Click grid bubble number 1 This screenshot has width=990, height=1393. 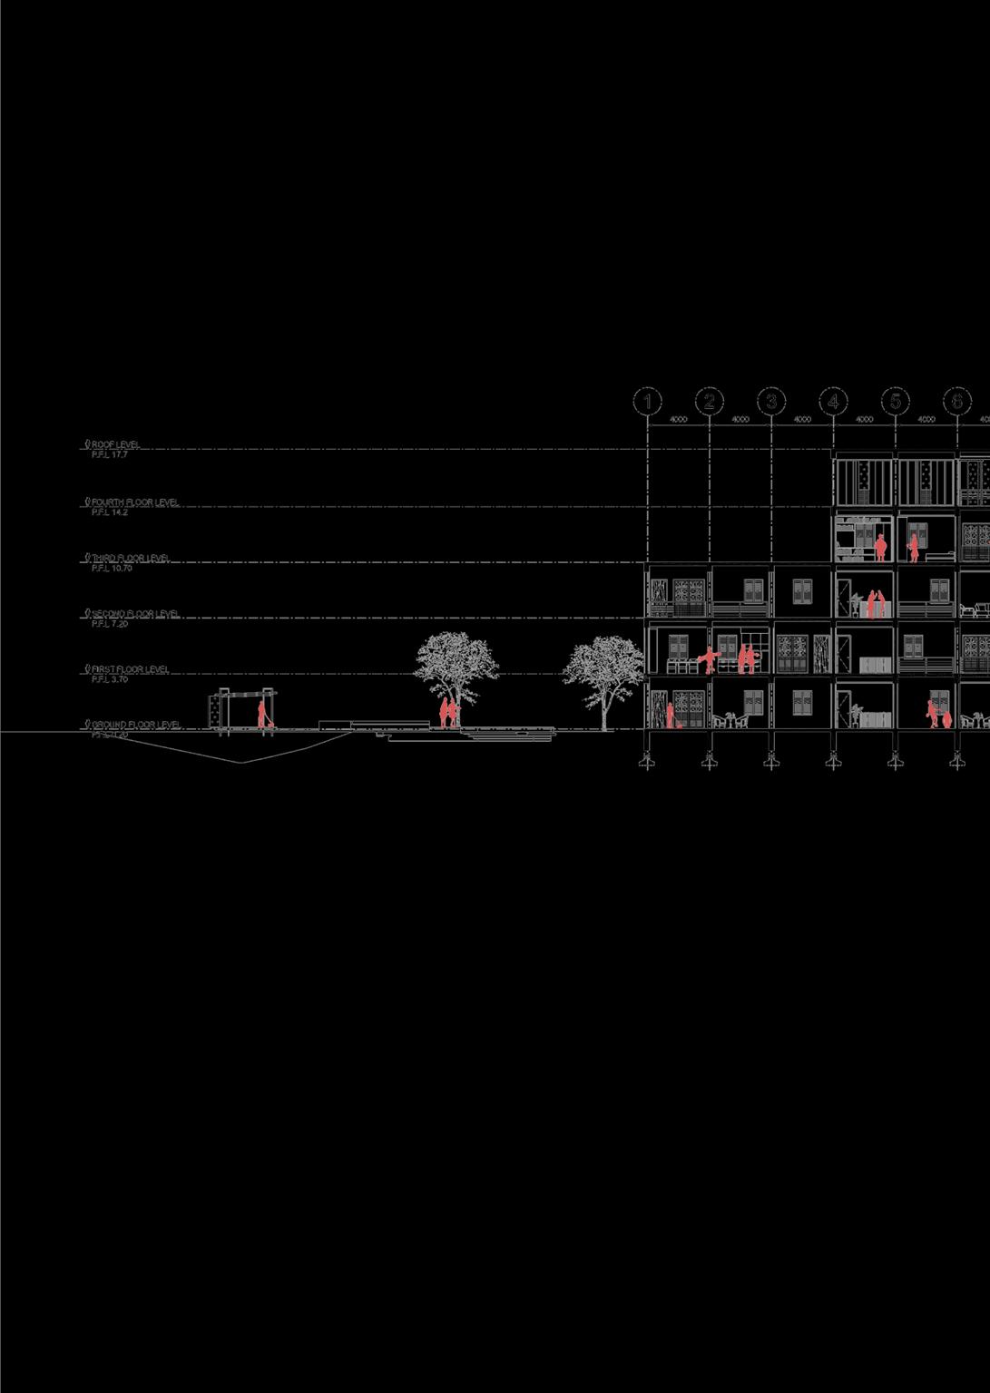tap(647, 401)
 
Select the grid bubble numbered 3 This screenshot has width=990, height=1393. tap(771, 401)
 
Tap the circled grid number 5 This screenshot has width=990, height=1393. tap(895, 401)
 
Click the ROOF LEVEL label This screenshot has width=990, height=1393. tap(115, 444)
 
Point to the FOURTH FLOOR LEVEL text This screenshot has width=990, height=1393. tap(135, 502)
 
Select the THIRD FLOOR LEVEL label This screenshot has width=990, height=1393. tap(131, 559)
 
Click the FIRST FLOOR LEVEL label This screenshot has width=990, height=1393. tap(130, 669)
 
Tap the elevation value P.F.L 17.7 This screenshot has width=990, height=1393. tap(110, 454)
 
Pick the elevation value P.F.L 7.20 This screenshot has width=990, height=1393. tap(110, 624)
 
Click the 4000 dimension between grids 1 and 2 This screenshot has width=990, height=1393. tap(678, 420)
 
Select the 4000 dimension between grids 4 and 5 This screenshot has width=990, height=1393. tap(864, 420)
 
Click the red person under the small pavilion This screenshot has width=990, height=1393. tap(261, 714)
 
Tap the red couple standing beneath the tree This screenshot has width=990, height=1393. tap(448, 712)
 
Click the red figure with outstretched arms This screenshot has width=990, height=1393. tap(710, 658)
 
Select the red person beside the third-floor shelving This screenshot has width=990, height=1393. tap(880, 547)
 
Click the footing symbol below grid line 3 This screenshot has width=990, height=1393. tap(771, 762)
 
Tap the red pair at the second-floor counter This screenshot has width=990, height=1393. tap(873, 604)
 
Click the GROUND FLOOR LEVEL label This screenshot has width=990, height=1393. tap(136, 725)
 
